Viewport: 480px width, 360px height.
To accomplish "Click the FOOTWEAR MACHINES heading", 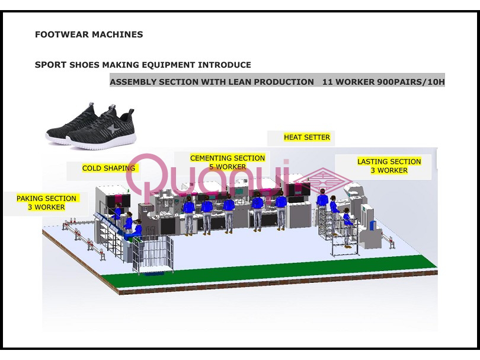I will [89, 34].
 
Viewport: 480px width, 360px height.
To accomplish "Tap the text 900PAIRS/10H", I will [411, 81].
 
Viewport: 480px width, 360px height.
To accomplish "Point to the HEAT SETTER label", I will [306, 138].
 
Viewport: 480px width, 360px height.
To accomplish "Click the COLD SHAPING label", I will [108, 168].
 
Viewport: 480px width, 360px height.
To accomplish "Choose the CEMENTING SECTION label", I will [227, 158].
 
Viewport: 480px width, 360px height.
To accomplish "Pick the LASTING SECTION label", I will [389, 161].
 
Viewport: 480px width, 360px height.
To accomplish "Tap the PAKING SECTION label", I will [46, 199].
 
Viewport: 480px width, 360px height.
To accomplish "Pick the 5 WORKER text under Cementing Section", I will [227, 167].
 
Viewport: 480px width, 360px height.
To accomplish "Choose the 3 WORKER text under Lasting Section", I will [389, 170].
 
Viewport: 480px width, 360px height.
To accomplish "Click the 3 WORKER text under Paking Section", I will [46, 207].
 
